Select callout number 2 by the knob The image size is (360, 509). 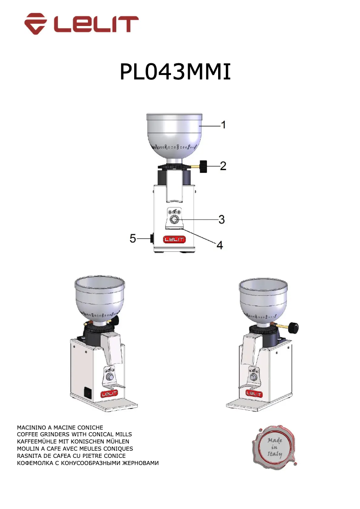(x=223, y=167)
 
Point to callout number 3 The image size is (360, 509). (x=221, y=219)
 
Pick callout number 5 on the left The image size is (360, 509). (x=133, y=238)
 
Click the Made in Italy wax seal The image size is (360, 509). (x=274, y=447)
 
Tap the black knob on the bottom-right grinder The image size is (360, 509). (x=294, y=328)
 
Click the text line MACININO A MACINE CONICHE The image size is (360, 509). (x=60, y=427)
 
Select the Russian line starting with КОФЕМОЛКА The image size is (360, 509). (x=88, y=463)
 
